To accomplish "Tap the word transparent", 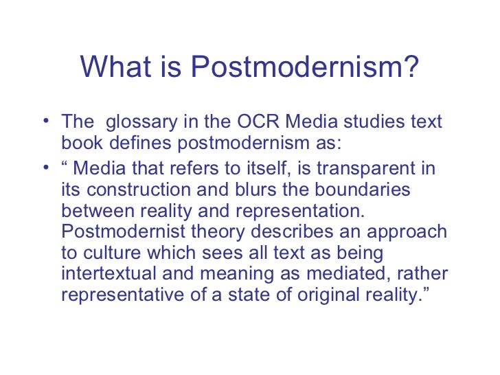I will click(374, 169).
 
